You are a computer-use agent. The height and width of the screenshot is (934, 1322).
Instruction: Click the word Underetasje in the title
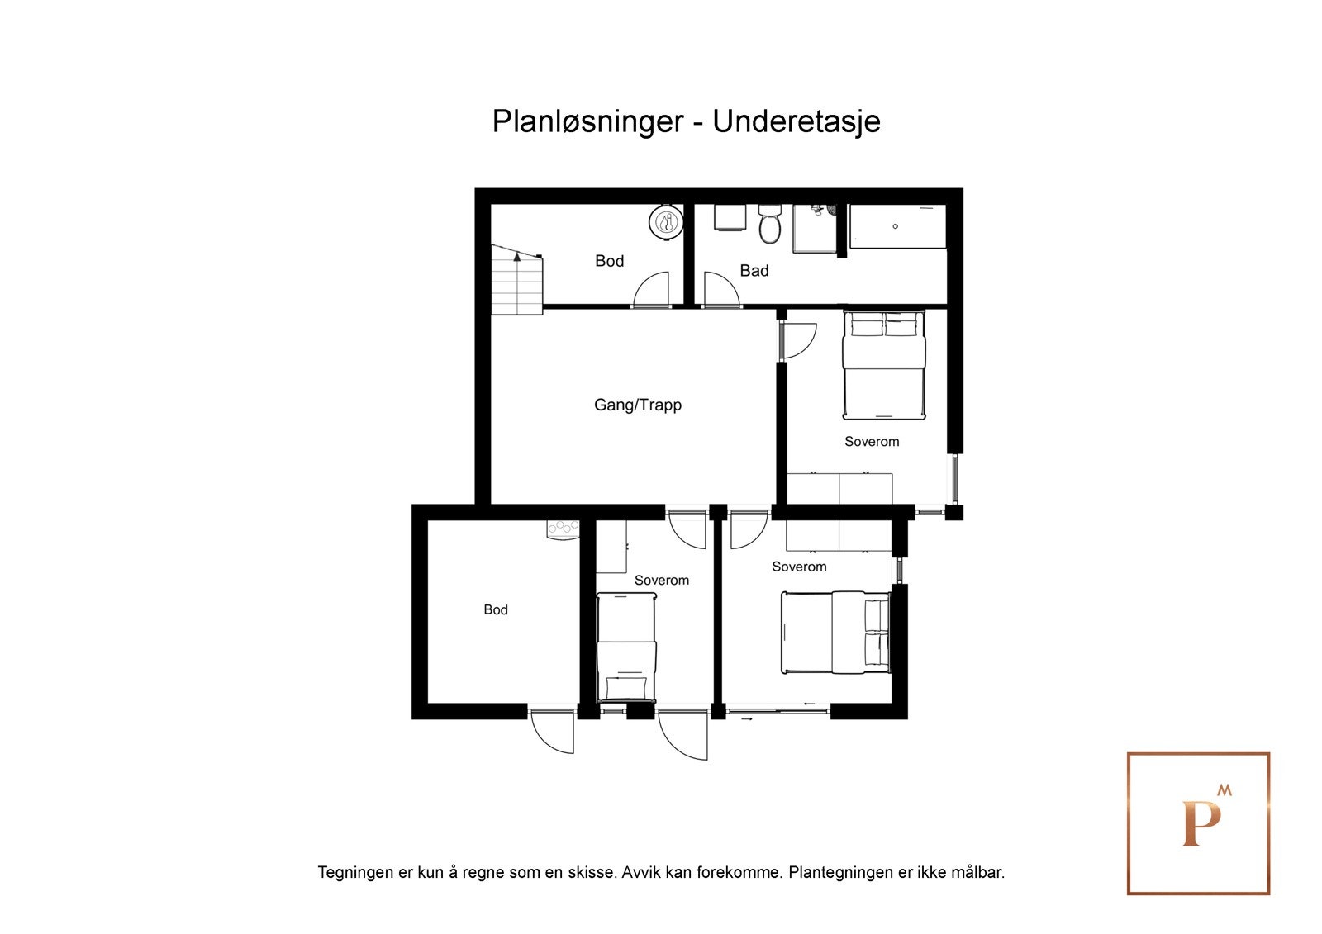tap(796, 121)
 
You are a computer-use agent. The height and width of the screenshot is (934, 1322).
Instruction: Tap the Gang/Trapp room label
tap(637, 405)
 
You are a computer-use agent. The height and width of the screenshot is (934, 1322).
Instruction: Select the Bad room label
tap(754, 270)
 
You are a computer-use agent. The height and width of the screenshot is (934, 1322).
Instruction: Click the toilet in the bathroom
tap(770, 224)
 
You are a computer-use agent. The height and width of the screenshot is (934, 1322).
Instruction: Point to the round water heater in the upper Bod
tap(666, 221)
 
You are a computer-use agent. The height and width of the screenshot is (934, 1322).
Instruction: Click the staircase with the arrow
tap(516, 281)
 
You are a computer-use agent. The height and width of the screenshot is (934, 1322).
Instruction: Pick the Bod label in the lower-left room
tap(495, 609)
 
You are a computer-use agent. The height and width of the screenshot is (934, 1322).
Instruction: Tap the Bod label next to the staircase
tap(609, 261)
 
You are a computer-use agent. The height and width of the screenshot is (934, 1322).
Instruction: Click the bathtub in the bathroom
tap(897, 225)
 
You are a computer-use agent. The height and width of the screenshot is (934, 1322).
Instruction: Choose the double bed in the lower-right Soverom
tap(835, 632)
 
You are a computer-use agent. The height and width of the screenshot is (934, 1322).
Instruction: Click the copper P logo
tap(1198, 823)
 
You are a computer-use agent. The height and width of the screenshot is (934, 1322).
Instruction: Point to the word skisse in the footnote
tap(592, 872)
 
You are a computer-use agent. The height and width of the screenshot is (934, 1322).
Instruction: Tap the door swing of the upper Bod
tap(652, 290)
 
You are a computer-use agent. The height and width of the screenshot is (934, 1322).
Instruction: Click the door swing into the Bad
tap(720, 290)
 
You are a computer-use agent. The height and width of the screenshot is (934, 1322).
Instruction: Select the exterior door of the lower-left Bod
tap(552, 733)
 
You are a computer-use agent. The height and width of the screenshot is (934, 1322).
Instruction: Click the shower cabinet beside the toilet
tap(815, 228)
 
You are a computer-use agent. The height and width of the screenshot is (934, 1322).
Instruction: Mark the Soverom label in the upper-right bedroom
tap(871, 442)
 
